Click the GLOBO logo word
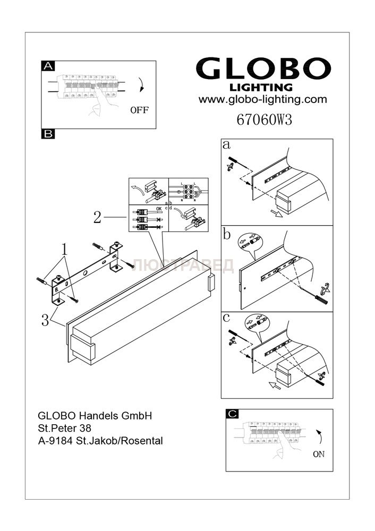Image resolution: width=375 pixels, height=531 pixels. tap(263, 70)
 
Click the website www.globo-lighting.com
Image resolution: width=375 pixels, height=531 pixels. tap(262, 99)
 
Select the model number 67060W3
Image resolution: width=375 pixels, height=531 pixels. tap(263, 119)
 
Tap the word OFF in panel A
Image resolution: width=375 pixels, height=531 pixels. tap(139, 110)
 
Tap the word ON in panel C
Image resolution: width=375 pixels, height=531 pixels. tap(319, 454)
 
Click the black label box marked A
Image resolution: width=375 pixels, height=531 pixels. tap(48, 66)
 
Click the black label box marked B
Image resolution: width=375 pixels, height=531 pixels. tap(48, 134)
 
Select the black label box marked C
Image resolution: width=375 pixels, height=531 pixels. tap(232, 414)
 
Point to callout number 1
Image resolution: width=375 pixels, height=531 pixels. tap(64, 248)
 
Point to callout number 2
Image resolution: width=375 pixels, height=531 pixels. tap(97, 217)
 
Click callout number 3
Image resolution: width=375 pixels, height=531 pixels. tap(46, 320)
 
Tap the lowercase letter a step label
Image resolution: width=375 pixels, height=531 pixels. tap(227, 144)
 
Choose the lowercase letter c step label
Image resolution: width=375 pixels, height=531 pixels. tap(227, 319)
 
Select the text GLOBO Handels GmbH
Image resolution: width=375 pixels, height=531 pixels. tap(95, 416)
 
